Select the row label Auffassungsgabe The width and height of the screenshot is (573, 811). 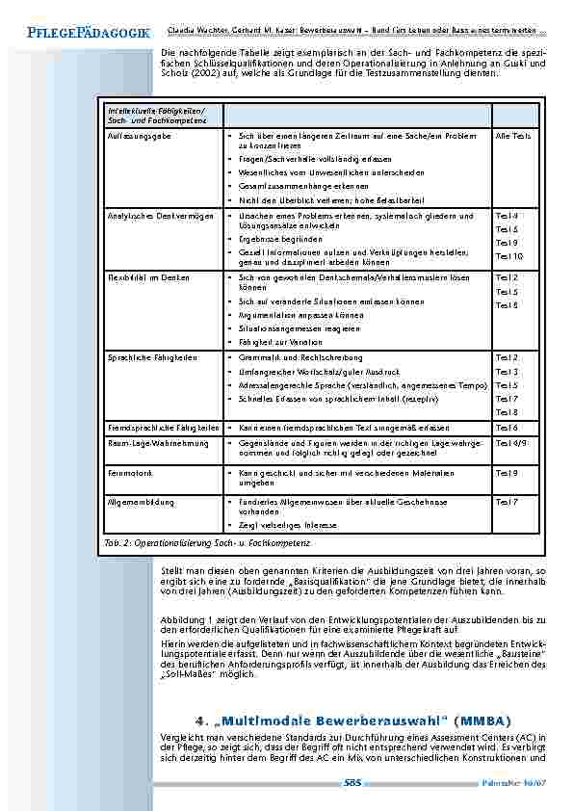133,138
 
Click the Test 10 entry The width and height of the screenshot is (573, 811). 508,257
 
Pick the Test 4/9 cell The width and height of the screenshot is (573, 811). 510,442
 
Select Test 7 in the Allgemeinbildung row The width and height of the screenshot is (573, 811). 507,503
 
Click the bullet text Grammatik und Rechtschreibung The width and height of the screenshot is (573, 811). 292,357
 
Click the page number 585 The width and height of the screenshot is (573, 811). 352,783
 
